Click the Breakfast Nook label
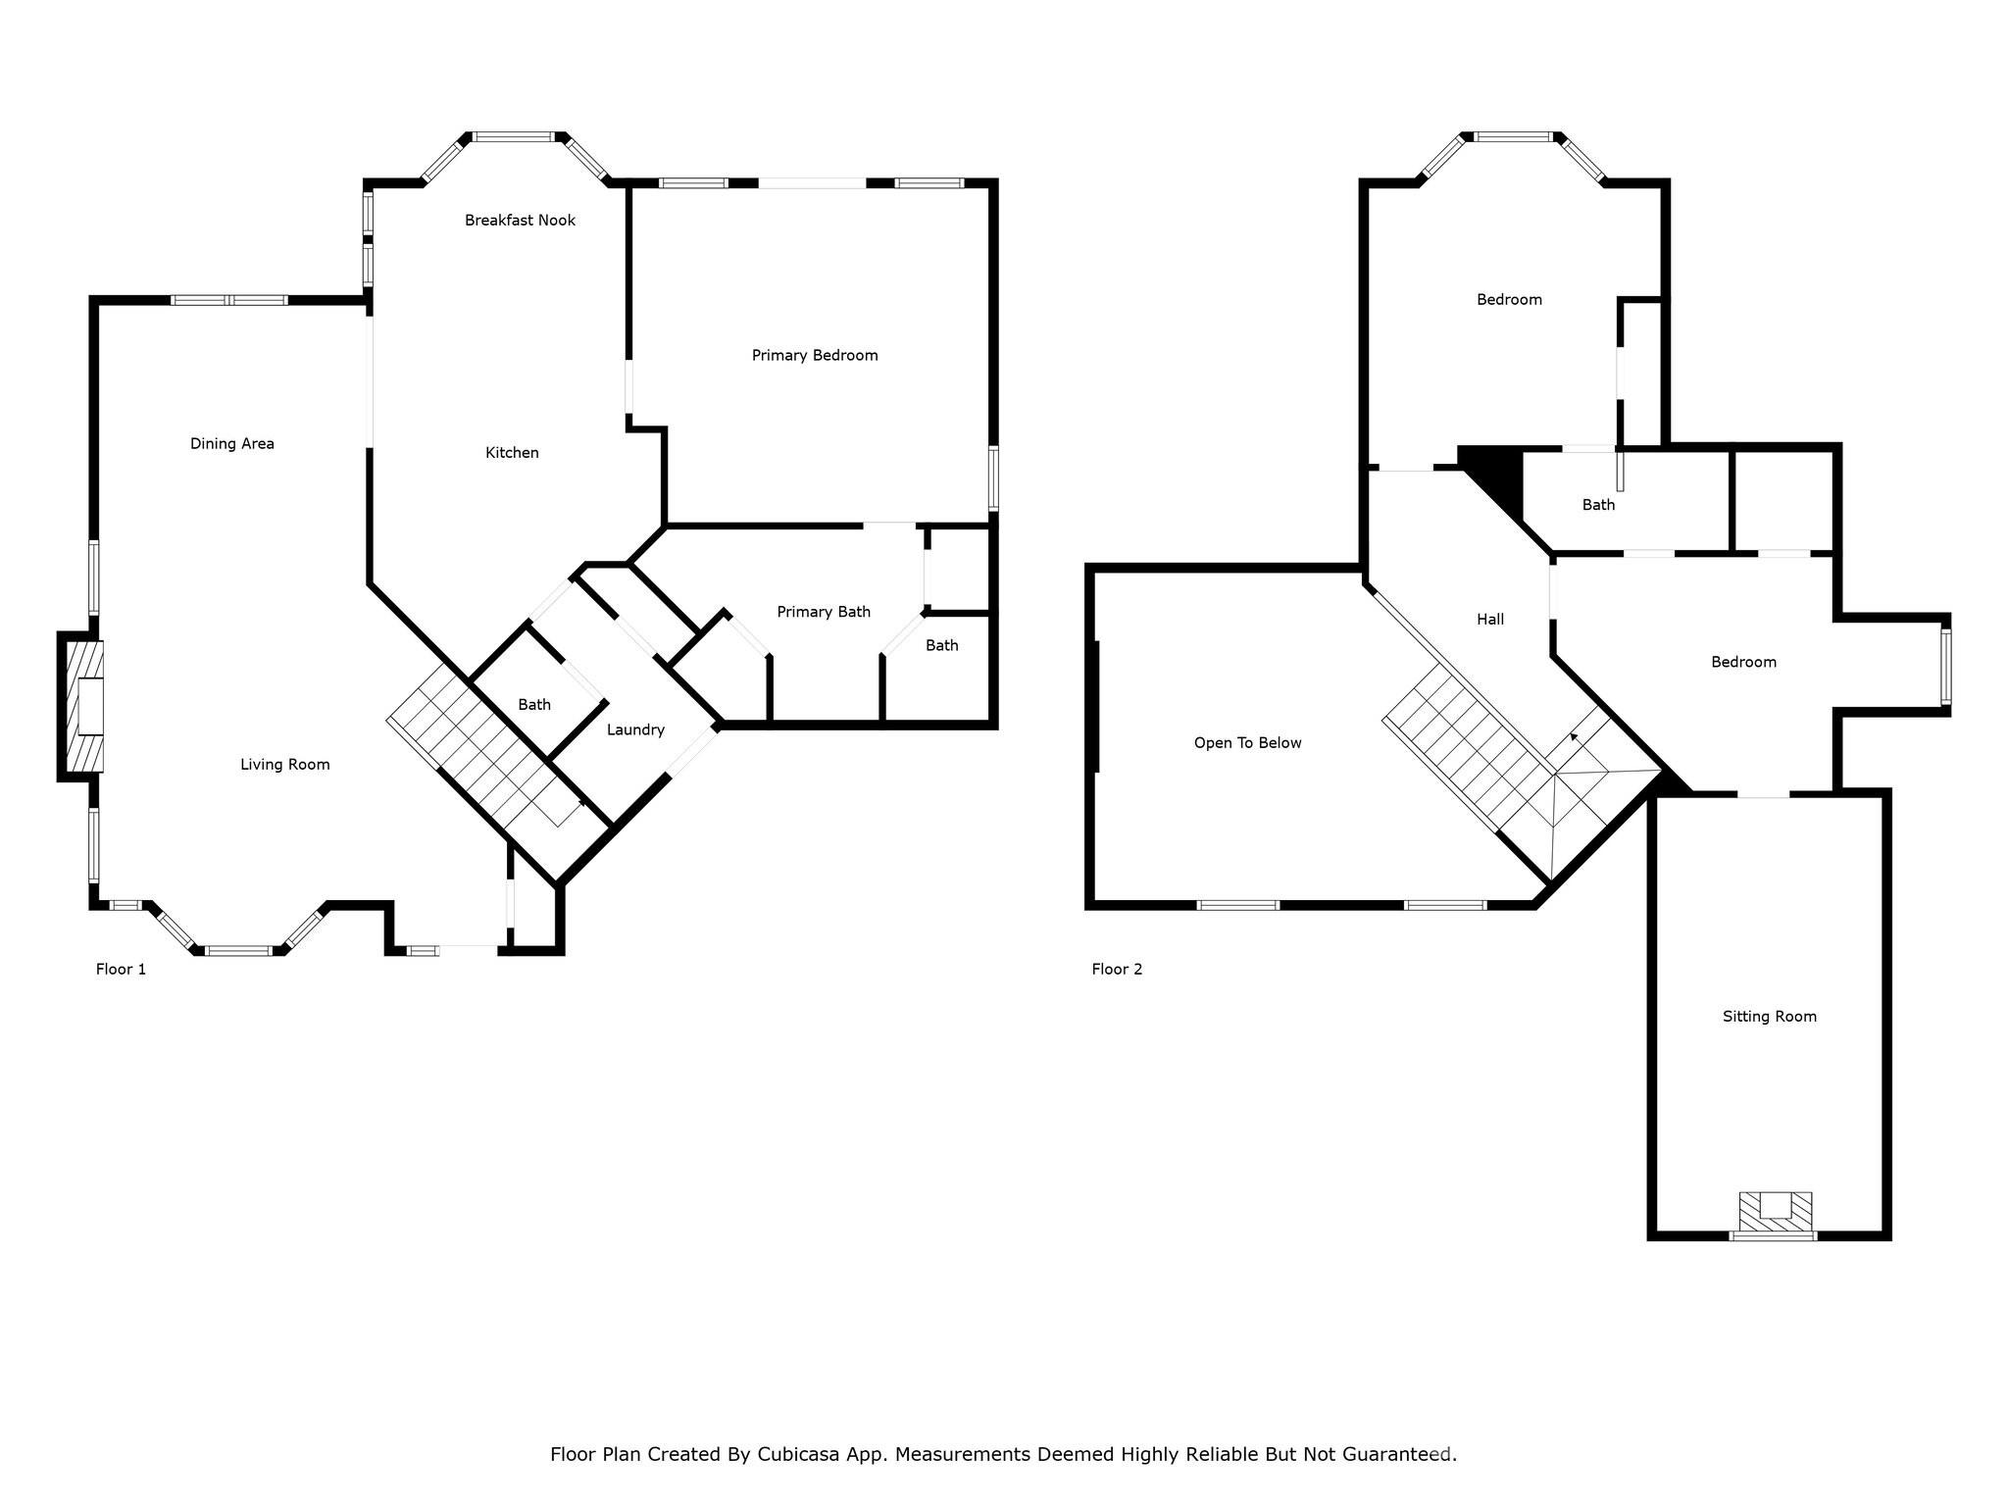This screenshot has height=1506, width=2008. tap(520, 221)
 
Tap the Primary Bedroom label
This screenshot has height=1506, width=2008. tap(815, 356)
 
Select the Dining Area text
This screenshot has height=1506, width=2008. tap(232, 444)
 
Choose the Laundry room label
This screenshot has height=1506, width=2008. tap(635, 730)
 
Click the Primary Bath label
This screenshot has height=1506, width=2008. tap(824, 613)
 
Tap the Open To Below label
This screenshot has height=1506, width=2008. tap(1247, 743)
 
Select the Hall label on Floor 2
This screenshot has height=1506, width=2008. tap(1490, 620)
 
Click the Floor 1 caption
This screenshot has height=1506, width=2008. tap(121, 970)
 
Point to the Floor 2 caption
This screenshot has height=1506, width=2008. tap(1117, 970)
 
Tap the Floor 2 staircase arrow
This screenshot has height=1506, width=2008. tap(1575, 736)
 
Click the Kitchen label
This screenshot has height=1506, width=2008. tap(512, 453)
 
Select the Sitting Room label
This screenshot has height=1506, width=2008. tap(1770, 1017)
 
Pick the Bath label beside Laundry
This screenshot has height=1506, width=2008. tap(534, 705)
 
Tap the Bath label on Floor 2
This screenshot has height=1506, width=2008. tap(1598, 505)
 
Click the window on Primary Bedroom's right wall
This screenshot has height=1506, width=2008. tap(993, 478)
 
